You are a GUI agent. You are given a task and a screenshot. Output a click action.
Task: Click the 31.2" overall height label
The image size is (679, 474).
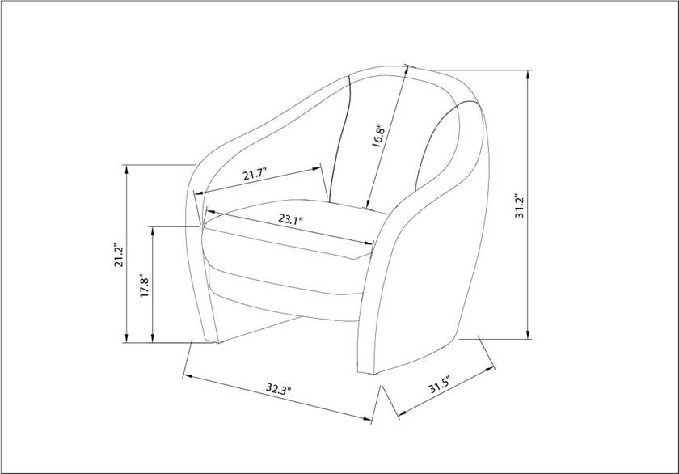[x=520, y=205]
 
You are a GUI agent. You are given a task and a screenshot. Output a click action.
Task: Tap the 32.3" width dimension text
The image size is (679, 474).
[x=278, y=390]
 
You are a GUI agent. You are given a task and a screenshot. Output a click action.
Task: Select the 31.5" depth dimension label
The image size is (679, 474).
[x=440, y=385]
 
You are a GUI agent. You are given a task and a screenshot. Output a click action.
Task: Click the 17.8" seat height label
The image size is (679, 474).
[x=145, y=285]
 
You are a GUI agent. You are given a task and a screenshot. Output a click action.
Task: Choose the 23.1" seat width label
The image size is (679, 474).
[x=290, y=219]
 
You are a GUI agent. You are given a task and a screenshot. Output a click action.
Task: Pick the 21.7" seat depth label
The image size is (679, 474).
[x=254, y=175]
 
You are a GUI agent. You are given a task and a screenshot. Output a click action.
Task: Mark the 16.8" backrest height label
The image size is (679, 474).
[x=377, y=135]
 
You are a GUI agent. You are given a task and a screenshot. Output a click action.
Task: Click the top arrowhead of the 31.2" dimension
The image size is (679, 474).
[x=528, y=74]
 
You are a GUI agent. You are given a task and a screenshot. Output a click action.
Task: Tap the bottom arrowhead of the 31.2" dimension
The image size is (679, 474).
[x=528, y=334]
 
